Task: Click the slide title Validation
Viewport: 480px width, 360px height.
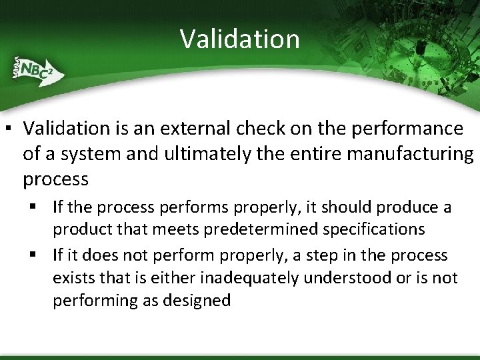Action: pyautogui.click(x=239, y=39)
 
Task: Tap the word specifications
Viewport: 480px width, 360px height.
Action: pyautogui.click(x=373, y=229)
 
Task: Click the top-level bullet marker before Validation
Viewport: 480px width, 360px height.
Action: pyautogui.click(x=12, y=128)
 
